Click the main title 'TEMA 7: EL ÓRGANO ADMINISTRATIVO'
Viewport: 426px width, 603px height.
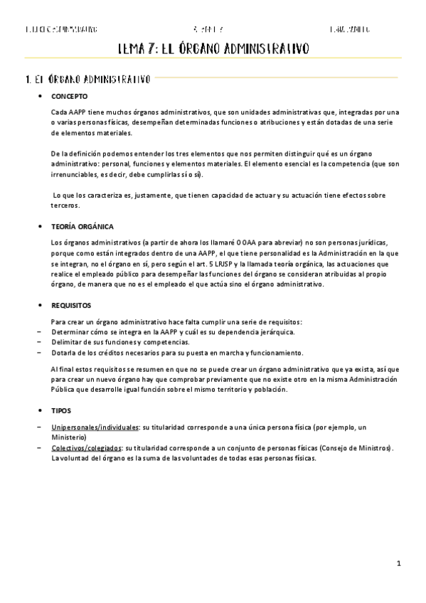pyautogui.click(x=213, y=49)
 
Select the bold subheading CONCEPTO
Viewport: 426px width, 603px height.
pyautogui.click(x=70, y=96)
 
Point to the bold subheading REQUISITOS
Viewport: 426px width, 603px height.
pyautogui.click(x=71, y=305)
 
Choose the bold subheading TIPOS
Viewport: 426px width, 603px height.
pyautogui.click(x=61, y=411)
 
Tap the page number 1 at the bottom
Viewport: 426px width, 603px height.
pyautogui.click(x=400, y=564)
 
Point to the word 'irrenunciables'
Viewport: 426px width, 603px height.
pyautogui.click(x=75, y=174)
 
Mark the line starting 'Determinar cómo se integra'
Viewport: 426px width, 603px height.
pyautogui.click(x=174, y=332)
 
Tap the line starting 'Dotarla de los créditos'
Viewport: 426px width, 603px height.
pyautogui.click(x=178, y=353)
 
